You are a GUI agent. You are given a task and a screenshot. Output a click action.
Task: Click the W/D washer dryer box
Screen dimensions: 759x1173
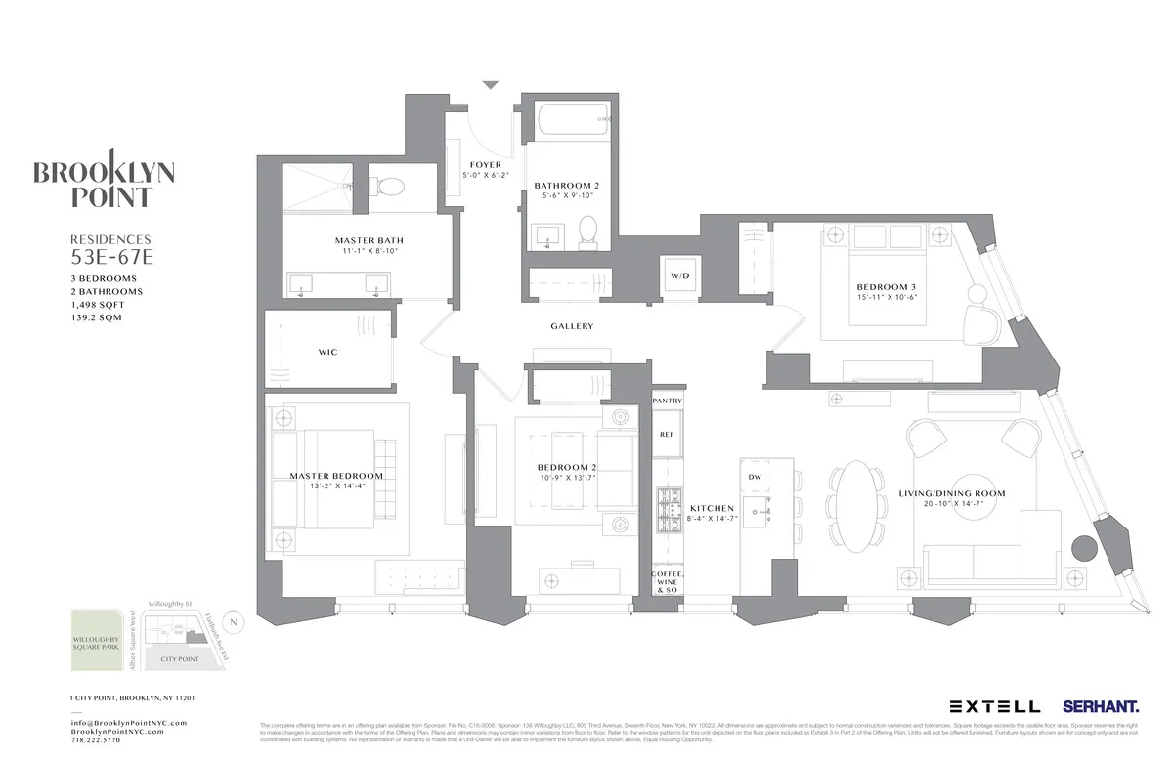point(679,275)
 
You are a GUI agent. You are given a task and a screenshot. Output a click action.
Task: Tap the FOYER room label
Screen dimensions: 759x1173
point(485,165)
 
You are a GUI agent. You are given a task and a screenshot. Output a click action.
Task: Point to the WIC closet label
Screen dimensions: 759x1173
point(327,352)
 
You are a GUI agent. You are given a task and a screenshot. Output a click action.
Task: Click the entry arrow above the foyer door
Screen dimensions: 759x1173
point(491,86)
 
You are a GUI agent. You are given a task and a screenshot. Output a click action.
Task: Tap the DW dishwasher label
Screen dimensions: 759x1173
point(754,477)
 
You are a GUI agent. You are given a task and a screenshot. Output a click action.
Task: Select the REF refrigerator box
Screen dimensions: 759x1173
point(667,434)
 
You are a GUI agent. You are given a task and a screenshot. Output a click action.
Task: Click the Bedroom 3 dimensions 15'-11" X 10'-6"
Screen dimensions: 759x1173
point(886,297)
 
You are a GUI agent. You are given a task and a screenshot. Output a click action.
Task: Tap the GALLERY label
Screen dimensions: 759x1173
point(572,326)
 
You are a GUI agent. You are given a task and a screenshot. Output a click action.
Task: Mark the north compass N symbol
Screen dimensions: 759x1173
point(231,621)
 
